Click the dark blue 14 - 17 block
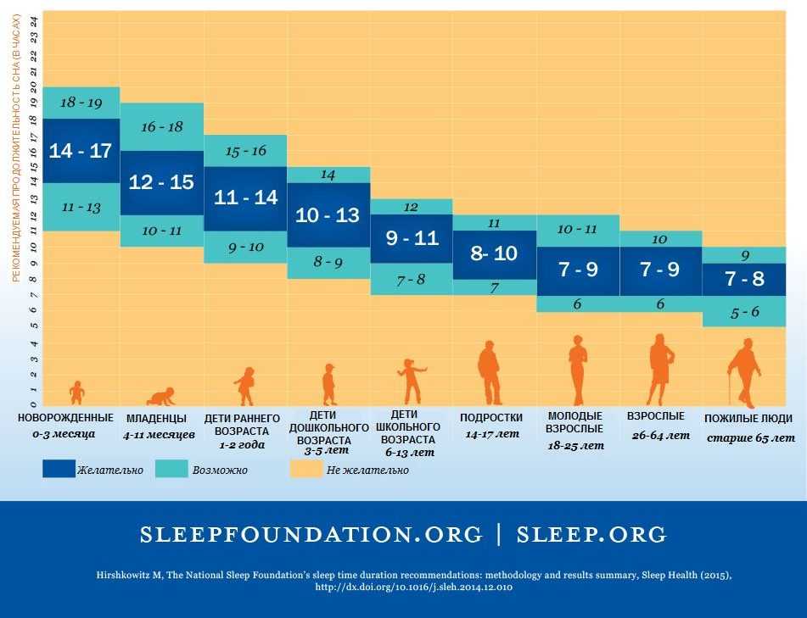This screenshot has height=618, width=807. tap(81, 151)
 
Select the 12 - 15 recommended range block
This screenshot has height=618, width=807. tap(161, 182)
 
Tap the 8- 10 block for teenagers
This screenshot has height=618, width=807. tap(493, 253)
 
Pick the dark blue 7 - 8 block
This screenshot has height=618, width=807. tap(744, 278)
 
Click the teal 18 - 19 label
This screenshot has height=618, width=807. tap(81, 103)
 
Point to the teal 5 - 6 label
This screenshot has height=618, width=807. tap(744, 312)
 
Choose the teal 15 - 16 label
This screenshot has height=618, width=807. tap(245, 151)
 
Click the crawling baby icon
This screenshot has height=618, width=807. tap(161, 396)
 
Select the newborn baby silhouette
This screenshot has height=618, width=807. tap(77, 393)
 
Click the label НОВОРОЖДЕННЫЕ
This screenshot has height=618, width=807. tap(65, 417)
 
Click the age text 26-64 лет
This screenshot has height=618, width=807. tap(661, 436)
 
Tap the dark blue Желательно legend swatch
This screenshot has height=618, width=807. tap(59, 469)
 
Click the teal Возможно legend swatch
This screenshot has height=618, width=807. tap(171, 469)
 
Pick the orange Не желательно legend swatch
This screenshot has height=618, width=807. tap(306, 469)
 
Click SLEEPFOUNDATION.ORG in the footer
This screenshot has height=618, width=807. tap(311, 535)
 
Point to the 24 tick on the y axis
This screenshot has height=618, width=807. tap(34, 23)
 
